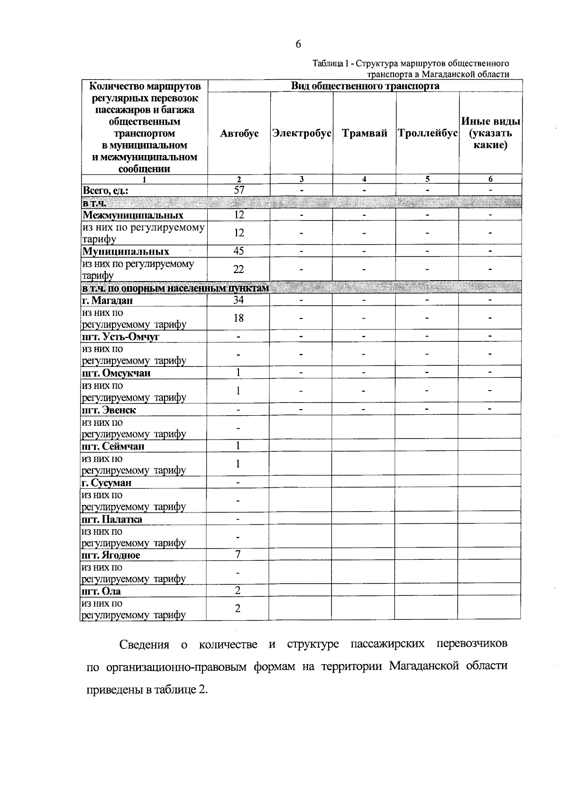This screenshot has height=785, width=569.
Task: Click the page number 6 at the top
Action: [x=298, y=44]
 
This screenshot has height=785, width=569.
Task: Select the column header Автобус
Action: [x=239, y=134]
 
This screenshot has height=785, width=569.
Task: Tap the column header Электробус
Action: [x=302, y=134]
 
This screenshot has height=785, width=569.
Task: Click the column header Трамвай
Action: [x=364, y=134]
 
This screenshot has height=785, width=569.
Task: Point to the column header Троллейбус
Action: [x=427, y=134]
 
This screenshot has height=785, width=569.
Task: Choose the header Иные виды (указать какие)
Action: [x=491, y=133]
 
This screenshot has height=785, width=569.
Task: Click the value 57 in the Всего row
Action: [x=239, y=190]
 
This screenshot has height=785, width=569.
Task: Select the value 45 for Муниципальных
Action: [x=239, y=251]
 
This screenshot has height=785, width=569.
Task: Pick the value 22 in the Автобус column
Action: [x=239, y=269]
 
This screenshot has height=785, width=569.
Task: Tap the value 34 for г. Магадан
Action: [x=238, y=300]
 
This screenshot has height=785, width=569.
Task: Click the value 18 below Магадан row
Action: [x=238, y=318]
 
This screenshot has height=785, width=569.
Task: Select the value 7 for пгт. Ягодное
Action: [x=238, y=554]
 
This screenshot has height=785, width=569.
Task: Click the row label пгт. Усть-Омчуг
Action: [x=120, y=337]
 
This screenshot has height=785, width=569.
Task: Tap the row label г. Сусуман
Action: [x=107, y=483]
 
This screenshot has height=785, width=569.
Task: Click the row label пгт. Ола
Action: [x=101, y=592]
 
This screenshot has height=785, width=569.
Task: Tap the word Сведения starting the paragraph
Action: [x=144, y=645]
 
